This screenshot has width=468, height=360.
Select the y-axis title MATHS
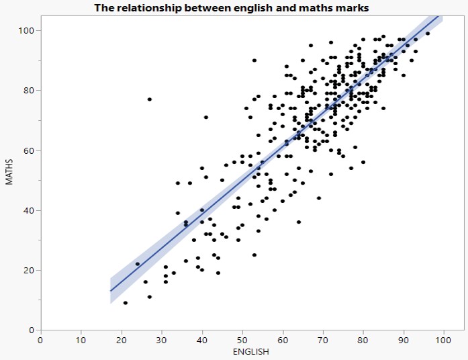(x=9, y=172)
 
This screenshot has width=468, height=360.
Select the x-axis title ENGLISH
(x=250, y=351)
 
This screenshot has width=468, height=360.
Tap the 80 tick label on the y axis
(x=30, y=91)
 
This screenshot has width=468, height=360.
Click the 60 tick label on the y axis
(x=30, y=150)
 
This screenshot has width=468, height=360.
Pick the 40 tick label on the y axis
(x=30, y=210)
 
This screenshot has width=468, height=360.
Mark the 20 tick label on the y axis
(x=30, y=270)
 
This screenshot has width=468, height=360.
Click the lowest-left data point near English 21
(x=126, y=303)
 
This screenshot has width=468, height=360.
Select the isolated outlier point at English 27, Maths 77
(x=150, y=99)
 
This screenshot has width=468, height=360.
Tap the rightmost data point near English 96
(x=428, y=34)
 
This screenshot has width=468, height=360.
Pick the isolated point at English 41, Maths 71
(x=206, y=118)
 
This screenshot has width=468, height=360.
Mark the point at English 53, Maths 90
(x=254, y=60)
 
